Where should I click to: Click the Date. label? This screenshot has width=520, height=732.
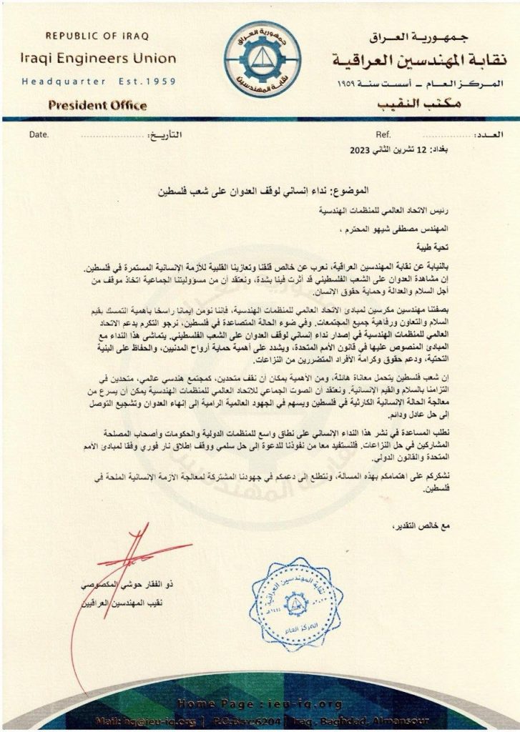pyautogui.click(x=40, y=134)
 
